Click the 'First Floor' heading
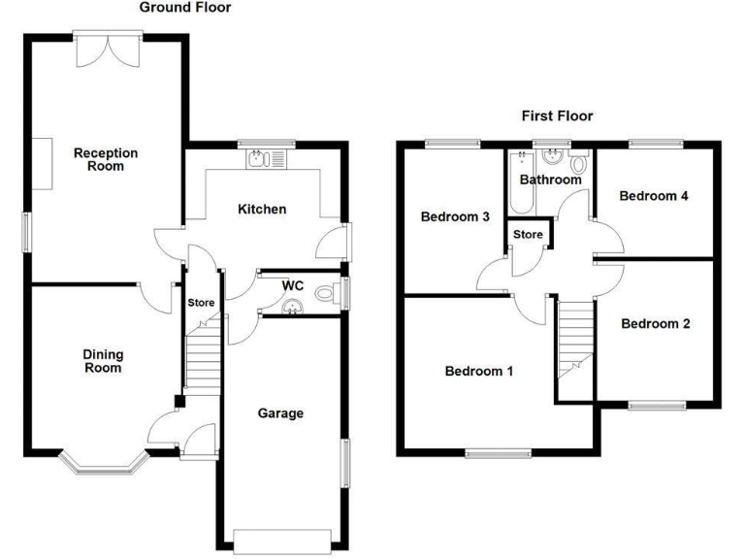pyautogui.click(x=557, y=115)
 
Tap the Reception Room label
pyautogui.click(x=106, y=159)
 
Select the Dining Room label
pyautogui.click(x=102, y=361)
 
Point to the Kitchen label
pyautogui.click(x=262, y=209)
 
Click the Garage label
pyautogui.click(x=280, y=413)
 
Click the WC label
pyautogui.click(x=293, y=285)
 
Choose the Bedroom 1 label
pyautogui.click(x=479, y=371)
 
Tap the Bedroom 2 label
pyautogui.click(x=656, y=323)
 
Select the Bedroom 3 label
pyautogui.click(x=454, y=216)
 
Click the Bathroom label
pyautogui.click(x=550, y=180)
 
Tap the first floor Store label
pyautogui.click(x=528, y=235)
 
